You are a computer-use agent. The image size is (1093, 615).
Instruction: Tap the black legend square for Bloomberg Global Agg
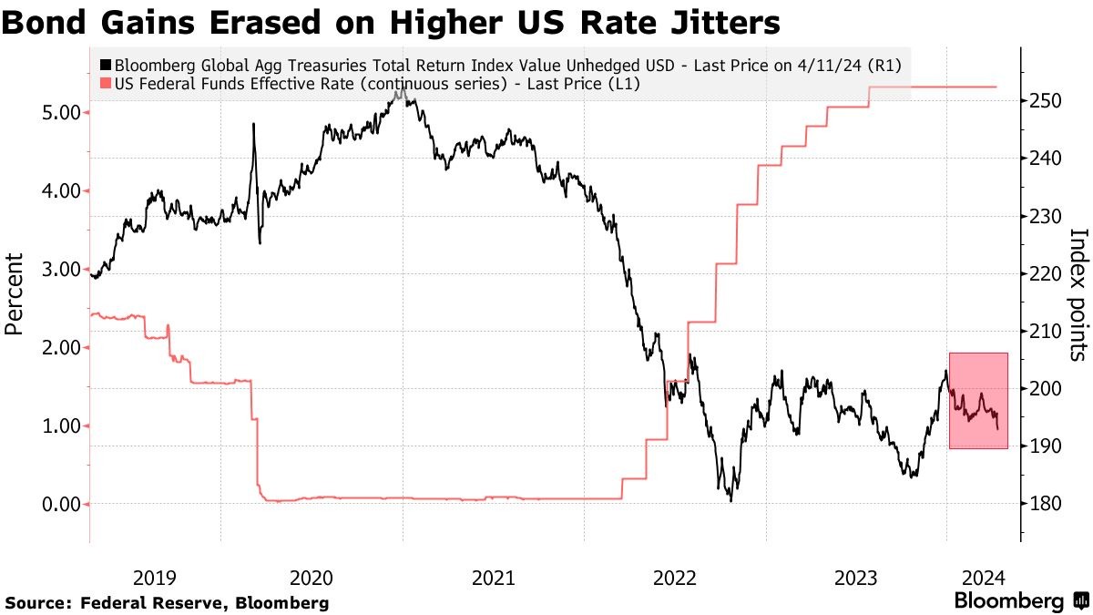[105, 66]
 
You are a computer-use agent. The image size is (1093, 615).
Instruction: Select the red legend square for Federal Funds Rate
[105, 84]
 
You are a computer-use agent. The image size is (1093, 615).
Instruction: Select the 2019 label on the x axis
[156, 578]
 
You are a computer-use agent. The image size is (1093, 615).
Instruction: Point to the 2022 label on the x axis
[675, 578]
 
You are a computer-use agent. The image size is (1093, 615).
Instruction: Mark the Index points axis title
[1078, 294]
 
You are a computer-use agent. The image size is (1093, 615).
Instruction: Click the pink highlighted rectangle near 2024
[978, 401]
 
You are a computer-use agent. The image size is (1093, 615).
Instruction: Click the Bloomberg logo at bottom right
[1020, 601]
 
